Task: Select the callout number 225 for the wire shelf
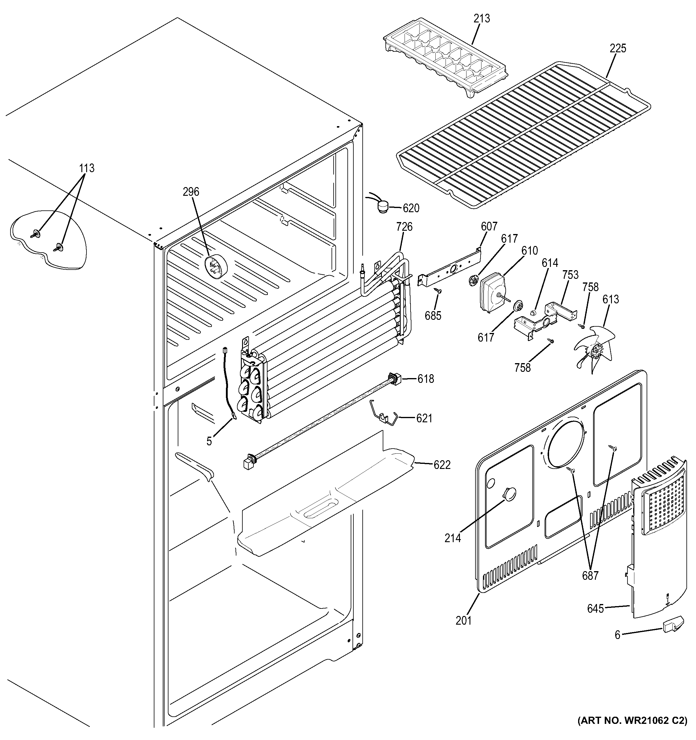coord(618,48)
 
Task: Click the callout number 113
coord(86,168)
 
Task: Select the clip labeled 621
coord(384,414)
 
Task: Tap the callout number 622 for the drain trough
coord(442,465)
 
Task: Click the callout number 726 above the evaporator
coord(405,226)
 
